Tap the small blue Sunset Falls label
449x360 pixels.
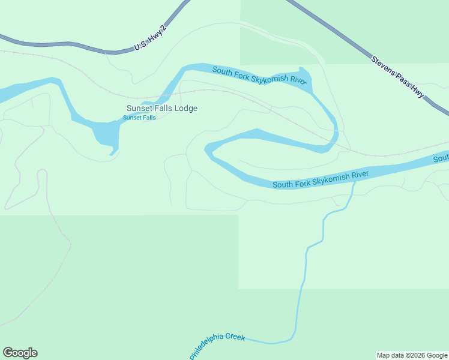coord(139,118)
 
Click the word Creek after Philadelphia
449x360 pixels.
coord(235,338)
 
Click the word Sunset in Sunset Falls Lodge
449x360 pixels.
coord(139,109)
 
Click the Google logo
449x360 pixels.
coord(20,353)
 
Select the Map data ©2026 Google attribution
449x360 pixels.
coord(412,355)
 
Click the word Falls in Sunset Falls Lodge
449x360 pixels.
coord(163,109)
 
